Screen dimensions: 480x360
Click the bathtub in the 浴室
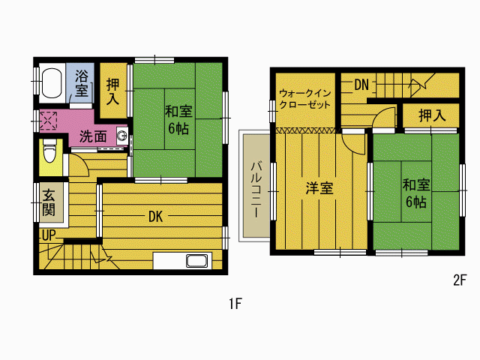pyautogui.click(x=52, y=83)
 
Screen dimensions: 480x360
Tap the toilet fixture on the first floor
pyautogui.click(x=49, y=151)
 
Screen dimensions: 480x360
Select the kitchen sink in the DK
pyautogui.click(x=196, y=261)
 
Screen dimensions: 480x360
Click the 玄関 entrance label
pyautogui.click(x=49, y=202)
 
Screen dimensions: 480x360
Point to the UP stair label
pyautogui.click(x=49, y=235)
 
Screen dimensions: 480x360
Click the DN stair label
pyautogui.click(x=361, y=85)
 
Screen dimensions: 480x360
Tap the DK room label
pyautogui.click(x=155, y=217)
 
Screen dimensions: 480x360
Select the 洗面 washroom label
pyautogui.click(x=93, y=136)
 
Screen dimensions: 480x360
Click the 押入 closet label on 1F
pyautogui.click(x=112, y=91)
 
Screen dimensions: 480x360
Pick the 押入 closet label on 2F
pyautogui.click(x=432, y=115)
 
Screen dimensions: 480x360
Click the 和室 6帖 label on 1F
pyautogui.click(x=178, y=120)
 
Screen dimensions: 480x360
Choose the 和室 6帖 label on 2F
pyautogui.click(x=416, y=193)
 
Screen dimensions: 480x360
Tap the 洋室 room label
pyautogui.click(x=319, y=188)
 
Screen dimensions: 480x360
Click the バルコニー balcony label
pyautogui.click(x=256, y=190)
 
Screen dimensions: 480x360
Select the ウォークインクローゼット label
pyautogui.click(x=305, y=99)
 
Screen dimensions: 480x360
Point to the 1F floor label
pyautogui.click(x=235, y=304)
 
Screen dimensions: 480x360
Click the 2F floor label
pyautogui.click(x=460, y=280)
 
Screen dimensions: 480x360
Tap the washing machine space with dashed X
pyautogui.click(x=48, y=121)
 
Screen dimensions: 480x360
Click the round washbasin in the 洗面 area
pyautogui.click(x=122, y=135)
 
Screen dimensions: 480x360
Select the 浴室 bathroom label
pyautogui.click(x=81, y=83)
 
